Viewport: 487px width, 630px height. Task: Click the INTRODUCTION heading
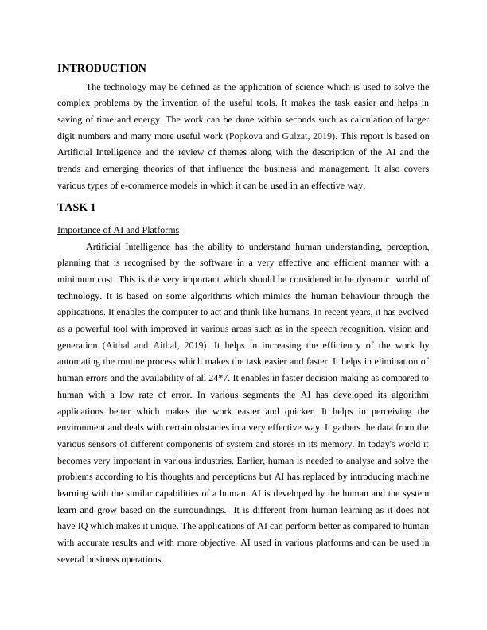point(102,68)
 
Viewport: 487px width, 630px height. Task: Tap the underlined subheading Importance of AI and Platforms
point(119,230)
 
